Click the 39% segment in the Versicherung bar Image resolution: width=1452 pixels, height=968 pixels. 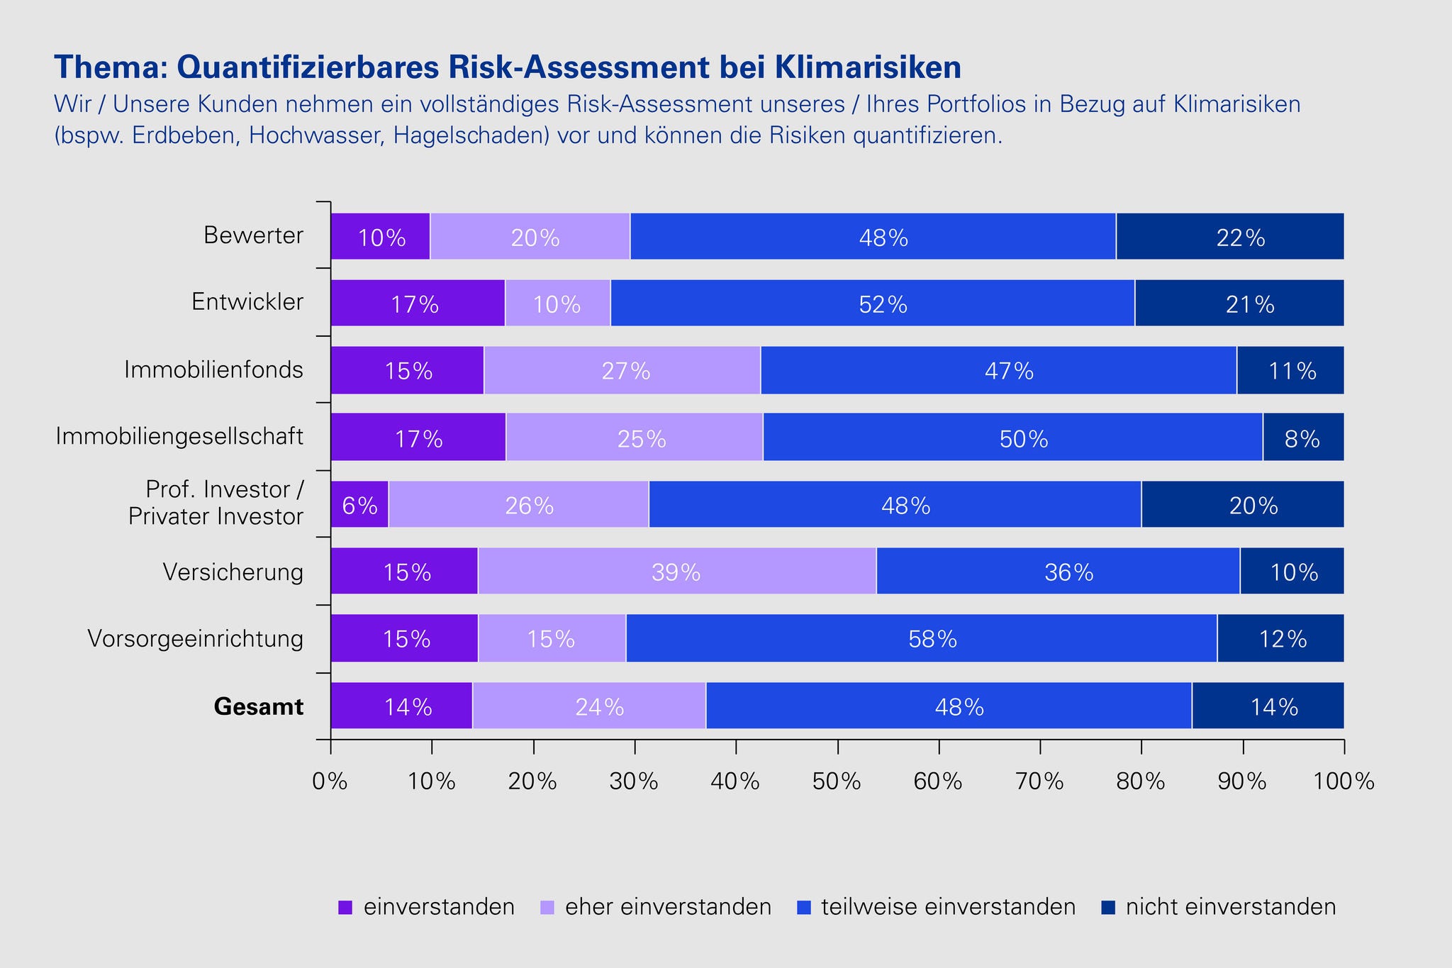676,572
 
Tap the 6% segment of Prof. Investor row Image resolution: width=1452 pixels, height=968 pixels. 359,505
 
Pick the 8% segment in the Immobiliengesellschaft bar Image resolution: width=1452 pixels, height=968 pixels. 1302,438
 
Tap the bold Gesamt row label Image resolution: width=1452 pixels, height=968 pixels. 259,707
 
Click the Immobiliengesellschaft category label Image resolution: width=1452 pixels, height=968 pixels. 180,437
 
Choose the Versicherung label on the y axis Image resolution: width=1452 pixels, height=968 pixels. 233,572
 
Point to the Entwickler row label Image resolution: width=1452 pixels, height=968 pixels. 247,303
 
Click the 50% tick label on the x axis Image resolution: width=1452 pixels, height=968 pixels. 837,781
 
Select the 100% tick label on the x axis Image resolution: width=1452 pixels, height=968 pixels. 1344,781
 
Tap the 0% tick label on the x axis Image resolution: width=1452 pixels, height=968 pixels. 330,781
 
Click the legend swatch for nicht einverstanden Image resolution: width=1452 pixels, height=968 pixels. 1107,907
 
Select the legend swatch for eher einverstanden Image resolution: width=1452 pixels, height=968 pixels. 547,907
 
